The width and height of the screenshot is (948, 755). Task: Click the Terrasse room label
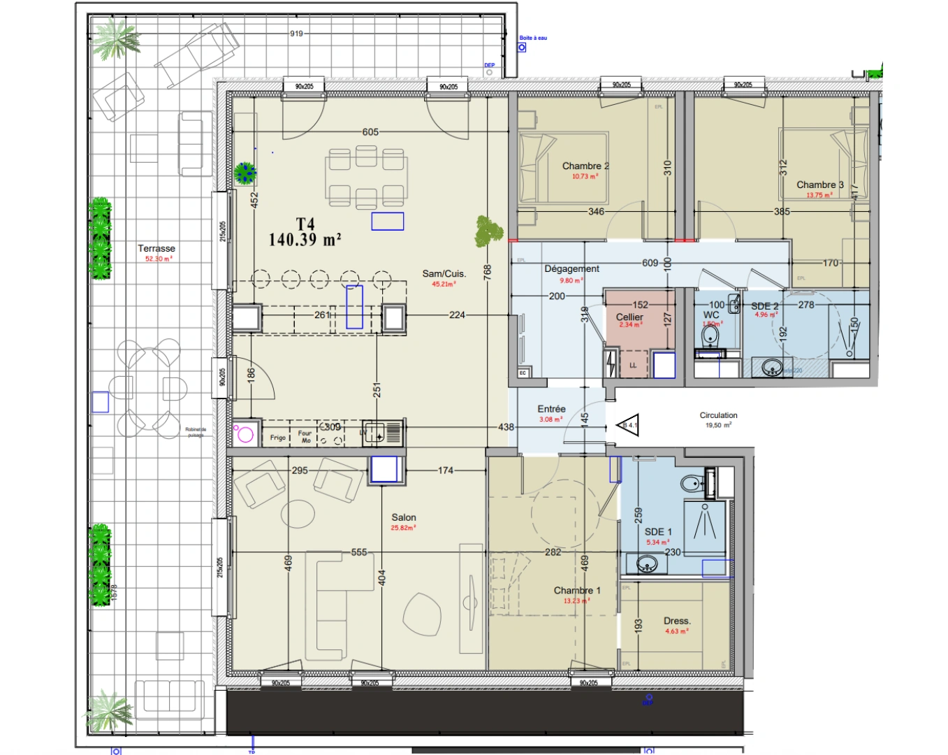(156, 249)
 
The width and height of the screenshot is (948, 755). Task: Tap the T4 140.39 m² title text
(305, 232)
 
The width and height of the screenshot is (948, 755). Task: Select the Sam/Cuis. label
(444, 274)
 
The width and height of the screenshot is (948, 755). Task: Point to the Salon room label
(404, 517)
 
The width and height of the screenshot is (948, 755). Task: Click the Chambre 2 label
(585, 166)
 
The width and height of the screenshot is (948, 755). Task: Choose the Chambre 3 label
(819, 185)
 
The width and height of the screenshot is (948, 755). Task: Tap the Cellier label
(629, 317)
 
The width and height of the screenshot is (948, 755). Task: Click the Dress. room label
(677, 621)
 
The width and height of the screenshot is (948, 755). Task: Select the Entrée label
(551, 409)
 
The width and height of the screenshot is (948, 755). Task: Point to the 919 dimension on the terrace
(296, 34)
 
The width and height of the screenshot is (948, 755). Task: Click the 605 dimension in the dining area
(370, 132)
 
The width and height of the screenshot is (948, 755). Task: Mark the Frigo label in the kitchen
(278, 438)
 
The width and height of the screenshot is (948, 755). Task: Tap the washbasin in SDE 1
(646, 563)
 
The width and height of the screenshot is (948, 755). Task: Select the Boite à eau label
(533, 38)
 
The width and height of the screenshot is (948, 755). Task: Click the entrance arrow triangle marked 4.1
(628, 424)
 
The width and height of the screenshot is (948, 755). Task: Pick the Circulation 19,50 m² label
(718, 419)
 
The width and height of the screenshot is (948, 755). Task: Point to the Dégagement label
(571, 269)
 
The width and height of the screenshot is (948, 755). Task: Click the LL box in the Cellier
(633, 366)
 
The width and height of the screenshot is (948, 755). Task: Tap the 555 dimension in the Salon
(359, 552)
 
